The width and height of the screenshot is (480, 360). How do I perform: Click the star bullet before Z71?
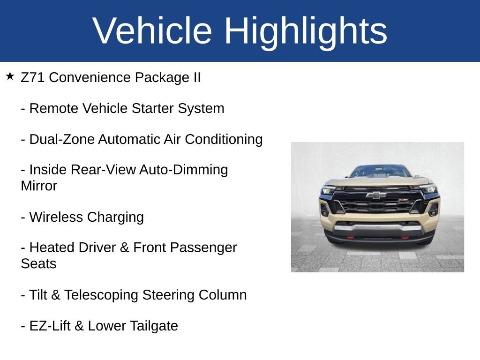tap(10, 76)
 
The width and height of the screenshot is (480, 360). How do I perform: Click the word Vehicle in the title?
tap(152, 31)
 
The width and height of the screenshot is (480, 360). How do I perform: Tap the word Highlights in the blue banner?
tap(306, 31)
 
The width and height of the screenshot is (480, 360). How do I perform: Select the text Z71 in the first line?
tap(33, 78)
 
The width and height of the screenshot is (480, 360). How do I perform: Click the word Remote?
tap(54, 109)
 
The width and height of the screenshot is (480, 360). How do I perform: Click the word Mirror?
tap(39, 186)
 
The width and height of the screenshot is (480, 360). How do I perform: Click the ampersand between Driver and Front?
tap(124, 247)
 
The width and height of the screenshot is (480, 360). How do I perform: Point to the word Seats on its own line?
tap(38, 264)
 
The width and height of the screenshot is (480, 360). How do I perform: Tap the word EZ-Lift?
tap(50, 326)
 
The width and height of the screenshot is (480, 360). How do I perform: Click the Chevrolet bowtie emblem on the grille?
tap(376, 195)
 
